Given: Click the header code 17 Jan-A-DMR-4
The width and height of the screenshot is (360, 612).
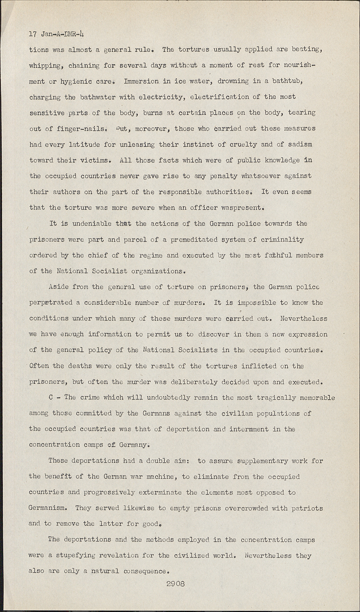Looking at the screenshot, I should (x=57, y=34).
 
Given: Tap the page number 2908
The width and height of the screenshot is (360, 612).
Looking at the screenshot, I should (x=176, y=584).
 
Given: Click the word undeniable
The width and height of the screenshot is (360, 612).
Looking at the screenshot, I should (x=92, y=224).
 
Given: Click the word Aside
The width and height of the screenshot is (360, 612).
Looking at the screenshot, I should (x=58, y=287).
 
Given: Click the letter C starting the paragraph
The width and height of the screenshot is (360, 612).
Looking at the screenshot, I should (x=51, y=398).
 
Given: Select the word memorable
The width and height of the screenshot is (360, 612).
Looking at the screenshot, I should (x=316, y=398).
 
